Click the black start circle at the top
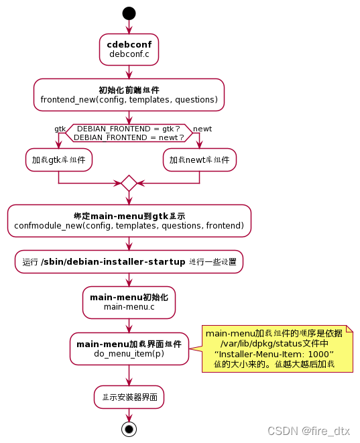click(x=129, y=13)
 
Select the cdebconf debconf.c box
click(x=129, y=49)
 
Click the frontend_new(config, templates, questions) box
click(x=129, y=94)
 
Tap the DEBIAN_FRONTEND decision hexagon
click(x=129, y=132)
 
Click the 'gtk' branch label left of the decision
click(x=60, y=128)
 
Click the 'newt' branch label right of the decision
click(x=202, y=128)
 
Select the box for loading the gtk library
click(x=59, y=160)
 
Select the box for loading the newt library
click(x=199, y=160)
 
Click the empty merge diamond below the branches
click(x=129, y=182)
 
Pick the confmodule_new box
click(x=129, y=220)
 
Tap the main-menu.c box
click(x=129, y=302)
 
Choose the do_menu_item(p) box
click(x=129, y=349)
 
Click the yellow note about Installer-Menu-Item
click(x=278, y=349)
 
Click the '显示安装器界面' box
click(x=129, y=397)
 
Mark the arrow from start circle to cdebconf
click(x=129, y=27)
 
